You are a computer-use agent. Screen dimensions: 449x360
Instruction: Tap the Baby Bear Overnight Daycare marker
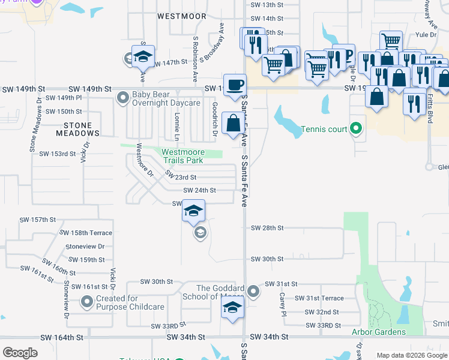pos(123,97)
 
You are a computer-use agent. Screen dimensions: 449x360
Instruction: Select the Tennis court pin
pos(355,128)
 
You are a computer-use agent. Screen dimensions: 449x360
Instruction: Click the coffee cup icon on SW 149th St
pos(234,84)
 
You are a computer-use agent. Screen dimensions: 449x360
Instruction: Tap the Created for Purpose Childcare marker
pos(87,302)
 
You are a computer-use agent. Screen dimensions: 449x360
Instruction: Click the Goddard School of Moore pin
pos(254,292)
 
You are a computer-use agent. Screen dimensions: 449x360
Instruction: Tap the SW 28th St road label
pos(267,228)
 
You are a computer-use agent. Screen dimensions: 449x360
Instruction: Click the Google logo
pos(20,352)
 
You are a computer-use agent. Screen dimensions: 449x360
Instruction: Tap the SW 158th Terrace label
pos(86,232)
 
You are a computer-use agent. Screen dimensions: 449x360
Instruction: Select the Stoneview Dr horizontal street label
pos(85,246)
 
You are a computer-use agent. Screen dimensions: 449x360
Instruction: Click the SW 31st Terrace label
pos(319,298)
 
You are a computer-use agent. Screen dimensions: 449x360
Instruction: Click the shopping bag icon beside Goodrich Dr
pos(233,123)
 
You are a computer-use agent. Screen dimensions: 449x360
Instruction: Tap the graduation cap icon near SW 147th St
pos(143,56)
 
